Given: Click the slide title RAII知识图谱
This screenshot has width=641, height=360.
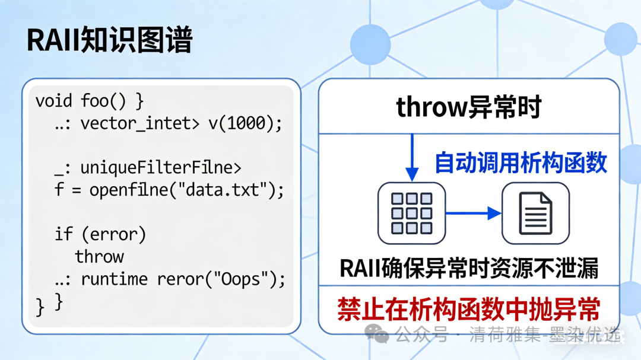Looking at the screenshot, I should pyautogui.click(x=110, y=42).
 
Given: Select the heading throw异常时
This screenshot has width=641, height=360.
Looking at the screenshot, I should pyautogui.click(x=468, y=107).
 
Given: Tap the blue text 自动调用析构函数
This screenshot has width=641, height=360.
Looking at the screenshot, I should pyautogui.click(x=521, y=163).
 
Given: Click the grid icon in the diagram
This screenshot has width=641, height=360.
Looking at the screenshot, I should pyautogui.click(x=411, y=213).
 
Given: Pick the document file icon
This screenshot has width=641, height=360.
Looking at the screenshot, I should pyautogui.click(x=535, y=213).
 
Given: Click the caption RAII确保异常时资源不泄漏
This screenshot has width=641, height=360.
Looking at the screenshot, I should pyautogui.click(x=469, y=269).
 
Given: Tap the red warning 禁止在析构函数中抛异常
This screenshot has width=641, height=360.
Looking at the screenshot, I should pyautogui.click(x=469, y=310).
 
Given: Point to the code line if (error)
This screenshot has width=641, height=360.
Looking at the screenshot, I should pyautogui.click(x=100, y=234).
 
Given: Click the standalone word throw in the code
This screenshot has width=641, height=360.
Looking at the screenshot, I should pyautogui.click(x=99, y=257).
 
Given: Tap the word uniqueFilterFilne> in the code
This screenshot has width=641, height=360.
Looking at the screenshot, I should pyautogui.click(x=161, y=168).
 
